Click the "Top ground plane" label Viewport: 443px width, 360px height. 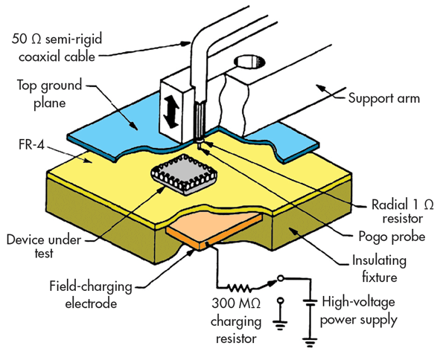[x=49, y=94]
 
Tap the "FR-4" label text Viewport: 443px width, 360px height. [x=31, y=144]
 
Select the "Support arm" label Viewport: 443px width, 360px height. [x=384, y=98]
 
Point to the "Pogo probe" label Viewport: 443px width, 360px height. [x=392, y=237]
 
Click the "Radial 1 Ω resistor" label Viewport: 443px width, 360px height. [x=402, y=211]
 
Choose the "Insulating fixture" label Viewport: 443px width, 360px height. [x=379, y=269]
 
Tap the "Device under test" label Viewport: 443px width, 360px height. [x=44, y=246]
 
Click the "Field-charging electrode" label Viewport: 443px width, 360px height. [x=91, y=295]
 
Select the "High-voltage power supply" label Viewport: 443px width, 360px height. [x=359, y=311]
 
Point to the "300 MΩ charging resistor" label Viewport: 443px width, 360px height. [x=236, y=321]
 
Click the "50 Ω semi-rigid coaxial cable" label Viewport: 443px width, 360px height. [x=57, y=48]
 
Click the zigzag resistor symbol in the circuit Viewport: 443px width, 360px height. [x=240, y=288]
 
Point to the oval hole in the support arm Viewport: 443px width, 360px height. [x=250, y=62]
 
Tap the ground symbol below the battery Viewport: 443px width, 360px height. [x=310, y=342]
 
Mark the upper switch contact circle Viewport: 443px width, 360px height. [x=280, y=279]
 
